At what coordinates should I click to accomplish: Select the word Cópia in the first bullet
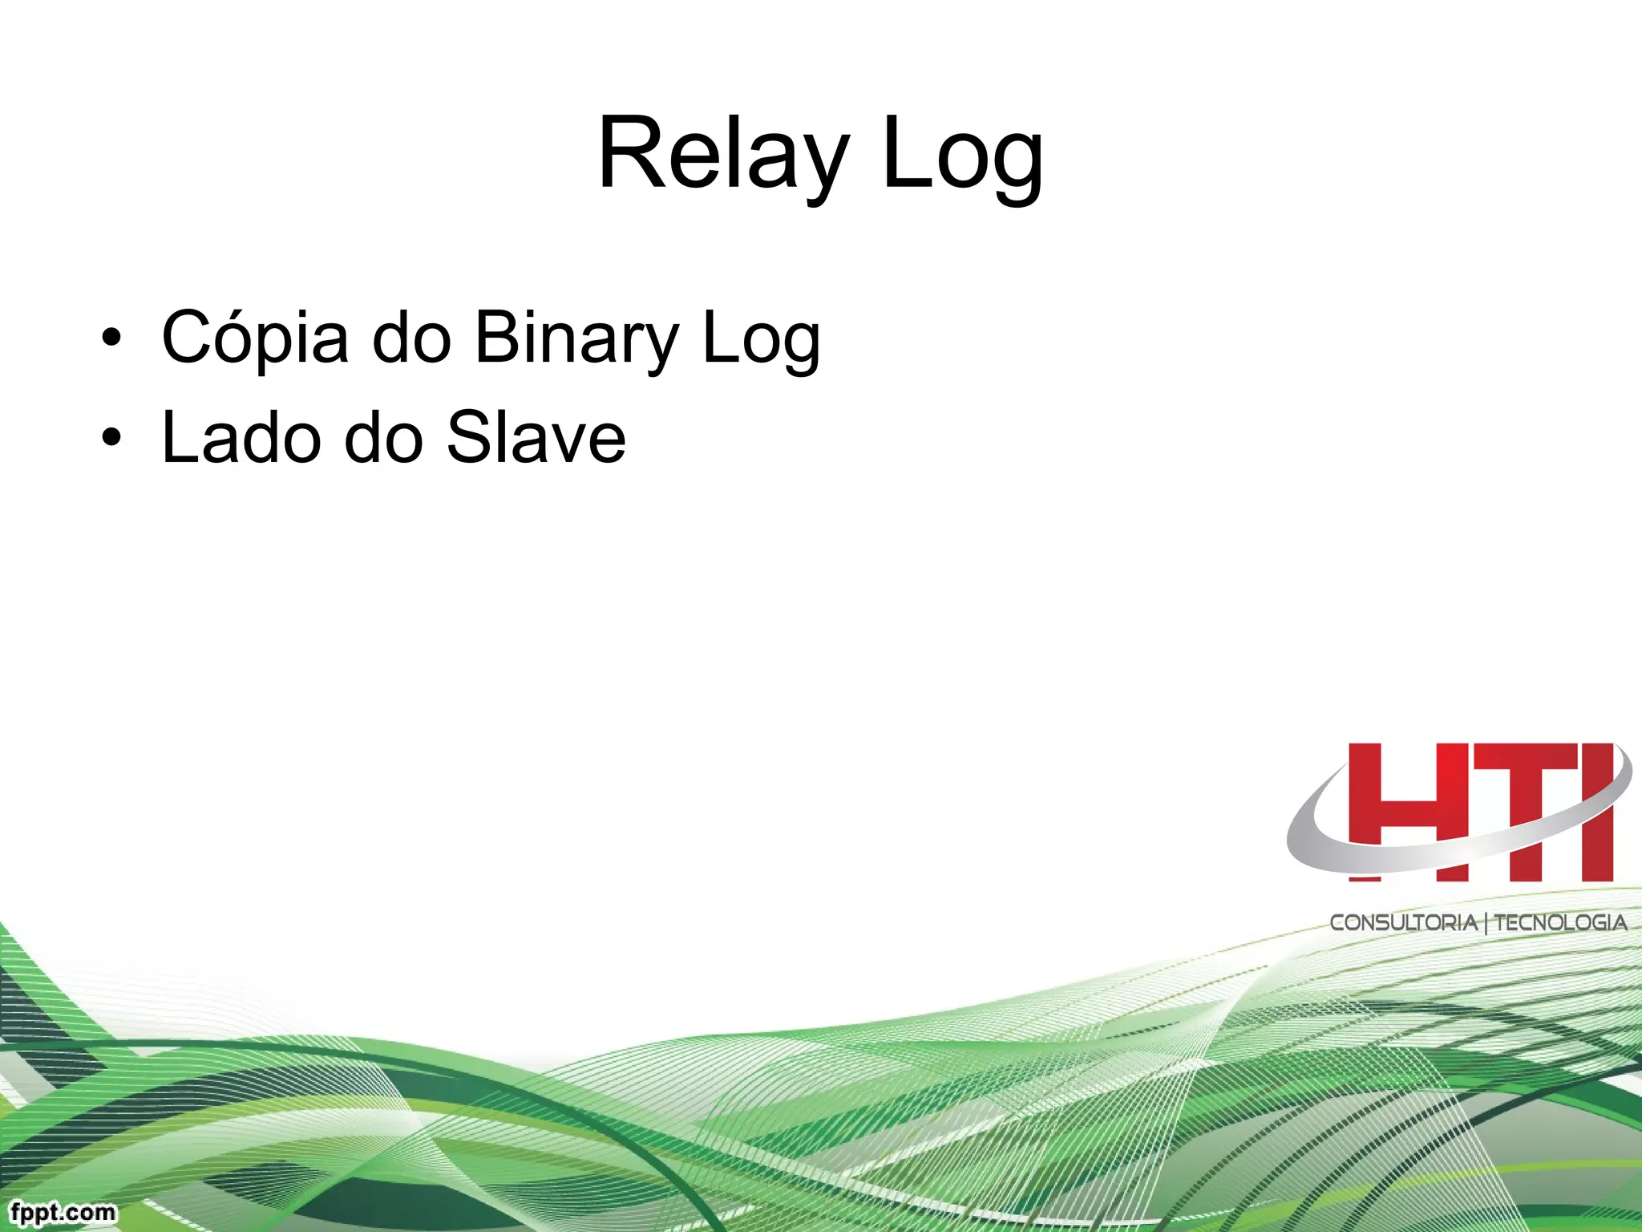[255, 338]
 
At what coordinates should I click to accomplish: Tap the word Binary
[576, 338]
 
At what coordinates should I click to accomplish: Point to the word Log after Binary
[761, 338]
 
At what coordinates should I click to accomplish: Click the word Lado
[241, 438]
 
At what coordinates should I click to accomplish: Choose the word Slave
[536, 438]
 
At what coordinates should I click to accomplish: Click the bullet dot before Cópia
[111, 338]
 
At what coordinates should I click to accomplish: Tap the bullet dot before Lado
[111, 438]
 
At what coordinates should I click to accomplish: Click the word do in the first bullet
[412, 338]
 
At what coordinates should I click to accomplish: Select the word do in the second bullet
[383, 438]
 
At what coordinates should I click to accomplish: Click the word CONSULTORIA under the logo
[1403, 922]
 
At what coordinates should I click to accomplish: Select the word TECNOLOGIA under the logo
[1560, 922]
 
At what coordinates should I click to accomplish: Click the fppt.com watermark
[63, 1211]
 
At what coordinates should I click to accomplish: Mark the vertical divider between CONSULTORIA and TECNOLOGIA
[1486, 923]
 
